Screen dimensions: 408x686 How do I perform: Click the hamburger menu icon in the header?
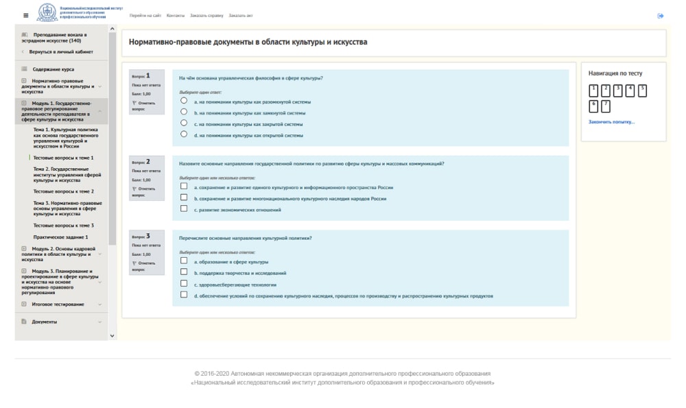26,15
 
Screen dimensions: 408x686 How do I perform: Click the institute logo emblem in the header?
47,13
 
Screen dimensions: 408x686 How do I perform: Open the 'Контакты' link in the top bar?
176,15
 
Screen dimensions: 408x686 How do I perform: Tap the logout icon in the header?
660,16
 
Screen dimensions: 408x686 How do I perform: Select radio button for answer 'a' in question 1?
184,100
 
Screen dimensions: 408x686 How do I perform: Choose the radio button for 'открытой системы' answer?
184,134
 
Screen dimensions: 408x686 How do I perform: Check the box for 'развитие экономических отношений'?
184,208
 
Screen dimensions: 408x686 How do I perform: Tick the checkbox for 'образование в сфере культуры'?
184,261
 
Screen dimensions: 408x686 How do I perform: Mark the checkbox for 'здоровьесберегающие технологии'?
184,283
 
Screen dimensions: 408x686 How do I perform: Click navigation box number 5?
642,91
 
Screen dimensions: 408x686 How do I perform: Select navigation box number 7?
606,106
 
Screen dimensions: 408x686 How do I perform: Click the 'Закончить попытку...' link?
611,122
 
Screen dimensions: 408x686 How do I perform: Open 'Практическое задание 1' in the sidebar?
60,237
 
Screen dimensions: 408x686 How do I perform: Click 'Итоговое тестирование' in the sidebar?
58,304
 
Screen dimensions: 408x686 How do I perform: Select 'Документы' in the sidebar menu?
45,322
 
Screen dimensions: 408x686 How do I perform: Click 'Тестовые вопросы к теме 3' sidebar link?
64,225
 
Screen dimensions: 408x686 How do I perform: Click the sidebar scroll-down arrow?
113,335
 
